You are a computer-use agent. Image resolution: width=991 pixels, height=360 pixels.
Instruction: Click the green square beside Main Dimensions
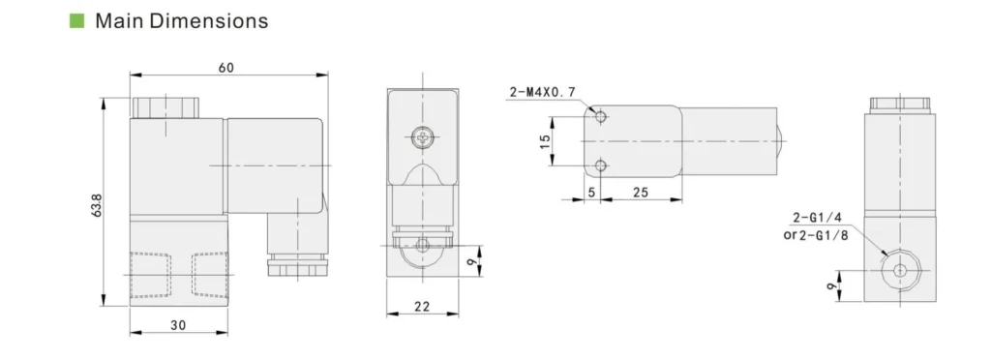pyautogui.click(x=75, y=20)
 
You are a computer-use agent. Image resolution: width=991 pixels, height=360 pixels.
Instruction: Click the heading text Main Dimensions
pyautogui.click(x=181, y=20)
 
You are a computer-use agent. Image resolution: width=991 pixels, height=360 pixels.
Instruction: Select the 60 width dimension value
pyautogui.click(x=225, y=68)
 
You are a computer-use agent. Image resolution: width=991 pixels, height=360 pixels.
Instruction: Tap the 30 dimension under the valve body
pyautogui.click(x=178, y=324)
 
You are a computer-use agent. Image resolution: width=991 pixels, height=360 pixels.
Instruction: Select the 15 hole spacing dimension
pyautogui.click(x=544, y=141)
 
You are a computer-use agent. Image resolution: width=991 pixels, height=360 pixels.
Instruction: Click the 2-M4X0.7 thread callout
pyautogui.click(x=542, y=92)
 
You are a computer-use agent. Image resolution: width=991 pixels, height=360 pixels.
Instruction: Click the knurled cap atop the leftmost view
pyautogui.click(x=165, y=105)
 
